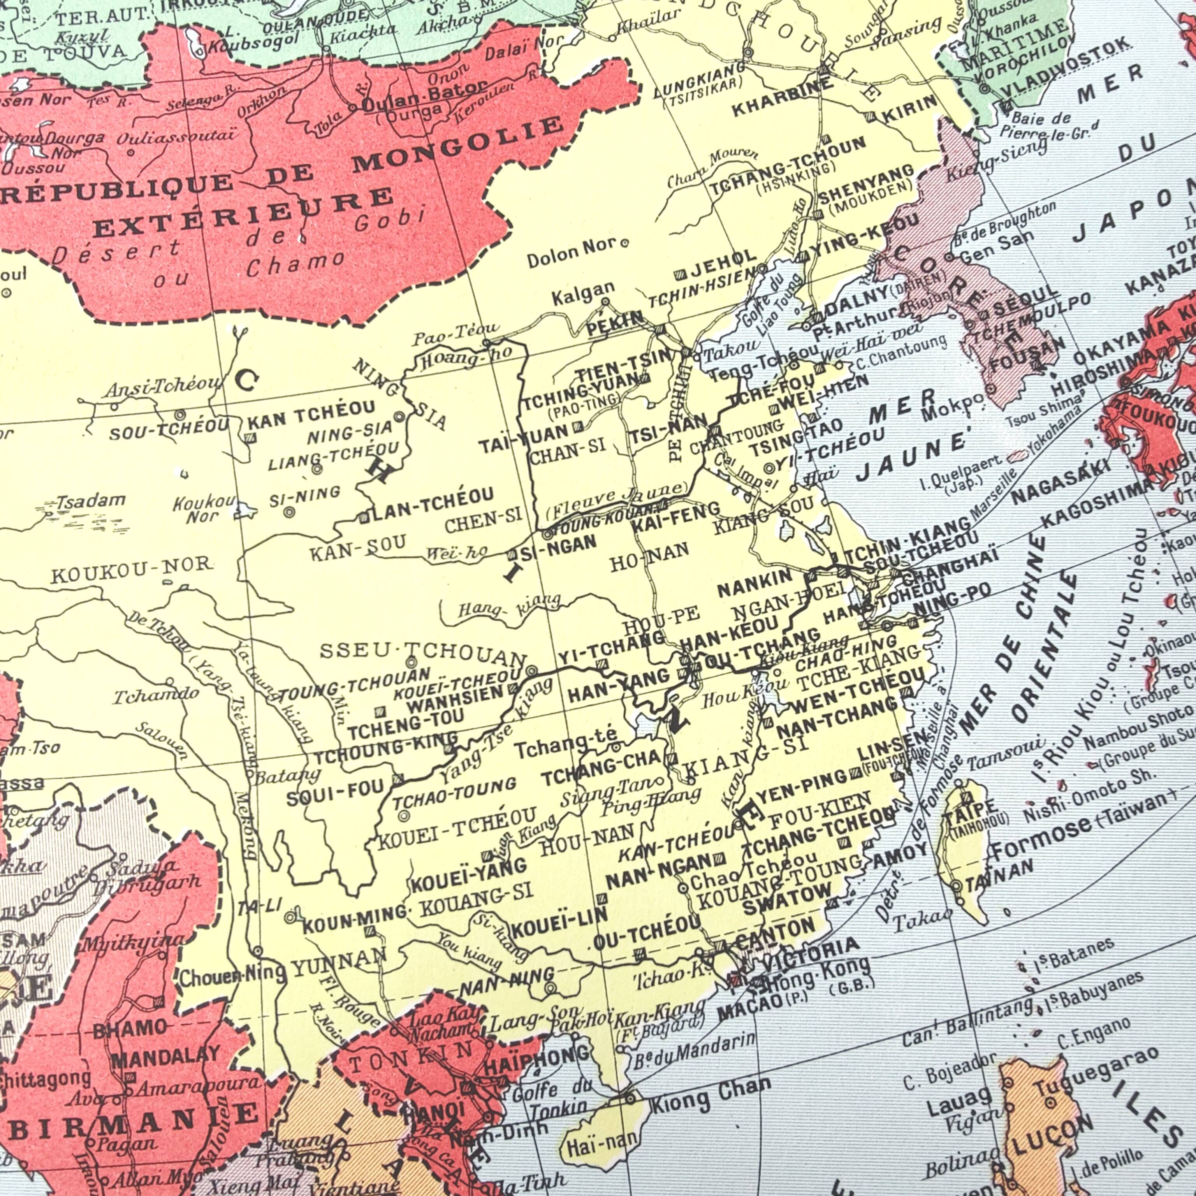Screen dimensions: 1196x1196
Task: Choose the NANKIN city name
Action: pyautogui.click(x=755, y=582)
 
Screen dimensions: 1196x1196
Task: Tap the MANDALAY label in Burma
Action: pyautogui.click(x=165, y=1056)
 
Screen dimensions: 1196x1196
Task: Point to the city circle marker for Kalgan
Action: pyautogui.click(x=605, y=302)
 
